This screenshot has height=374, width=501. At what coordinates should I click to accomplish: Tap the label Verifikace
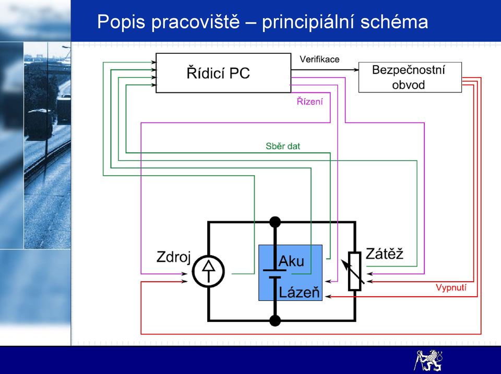pos(319,59)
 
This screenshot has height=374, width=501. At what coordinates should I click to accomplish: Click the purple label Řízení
pos(309,101)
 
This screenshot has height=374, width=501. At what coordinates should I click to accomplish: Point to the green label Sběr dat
pos(283,146)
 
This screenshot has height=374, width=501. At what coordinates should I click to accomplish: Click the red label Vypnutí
pos(451,287)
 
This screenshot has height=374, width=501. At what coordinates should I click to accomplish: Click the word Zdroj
pos(173,257)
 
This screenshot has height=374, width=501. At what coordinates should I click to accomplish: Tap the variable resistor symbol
pos(354,271)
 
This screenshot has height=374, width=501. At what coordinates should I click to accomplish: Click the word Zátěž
pos(385,254)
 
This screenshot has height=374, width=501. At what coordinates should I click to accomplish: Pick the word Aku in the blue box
pos(291,261)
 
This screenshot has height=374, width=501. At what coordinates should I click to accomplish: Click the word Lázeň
pos(300,292)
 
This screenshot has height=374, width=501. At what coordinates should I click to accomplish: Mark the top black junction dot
pos(275,222)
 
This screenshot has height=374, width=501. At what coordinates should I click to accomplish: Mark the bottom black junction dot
pos(275,320)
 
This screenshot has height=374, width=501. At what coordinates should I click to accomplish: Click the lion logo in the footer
pos(429,360)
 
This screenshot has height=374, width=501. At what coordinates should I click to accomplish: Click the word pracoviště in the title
pos(196,22)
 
